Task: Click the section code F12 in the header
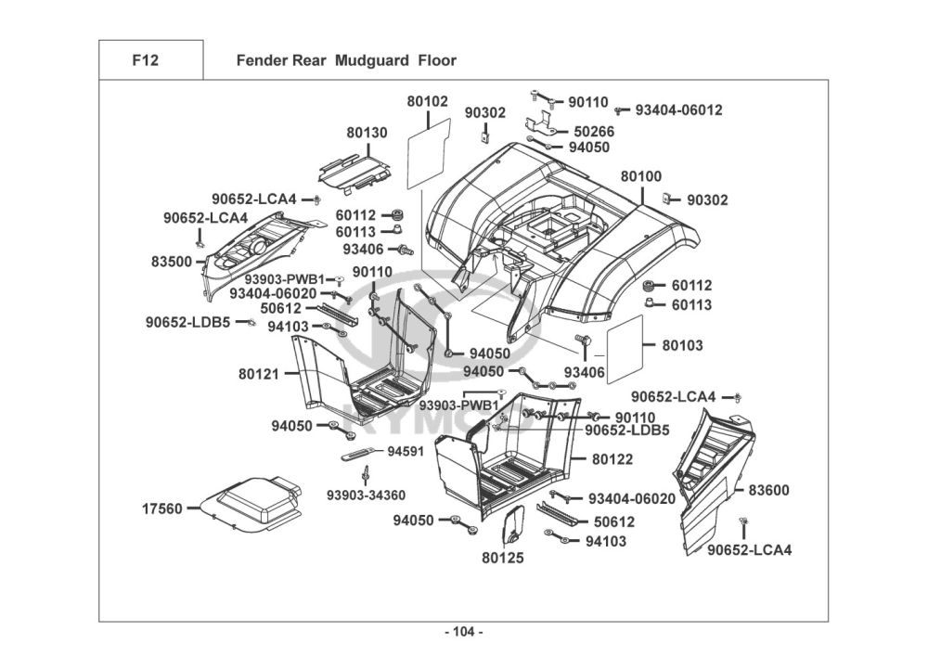tap(145, 61)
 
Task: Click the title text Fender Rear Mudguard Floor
tap(346, 61)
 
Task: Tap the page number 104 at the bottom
tap(464, 632)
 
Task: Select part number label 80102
tap(427, 101)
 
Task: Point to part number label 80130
tap(367, 133)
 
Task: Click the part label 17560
tap(162, 508)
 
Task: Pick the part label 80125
tap(503, 558)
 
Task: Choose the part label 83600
tap(769, 489)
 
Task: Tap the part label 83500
tap(172, 262)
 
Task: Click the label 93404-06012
tap(678, 109)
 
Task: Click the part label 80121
tap(260, 374)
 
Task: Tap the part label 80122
tap(612, 458)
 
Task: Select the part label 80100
tap(641, 176)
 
